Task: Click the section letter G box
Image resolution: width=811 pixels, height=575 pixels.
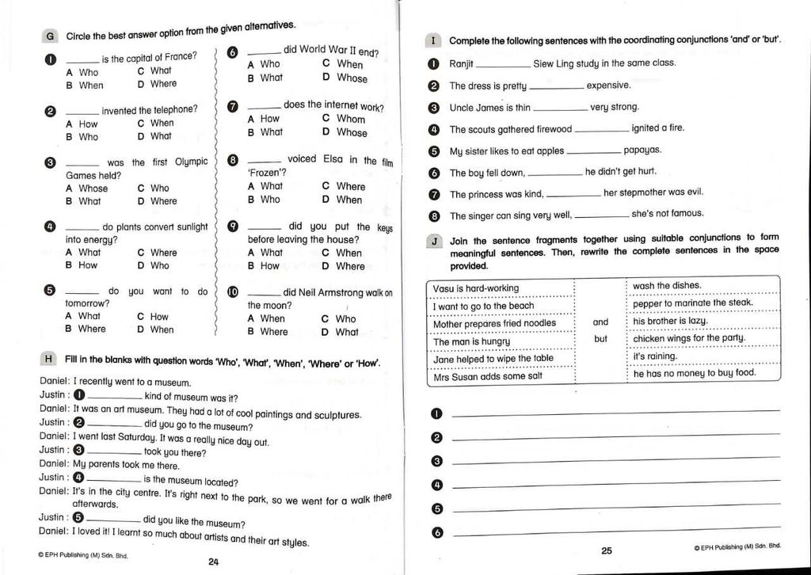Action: tap(50, 36)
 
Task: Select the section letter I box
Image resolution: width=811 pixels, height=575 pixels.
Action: tap(434, 40)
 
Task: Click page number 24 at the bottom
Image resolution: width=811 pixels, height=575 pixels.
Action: tap(213, 562)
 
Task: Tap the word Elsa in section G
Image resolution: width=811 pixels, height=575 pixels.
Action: tap(333, 159)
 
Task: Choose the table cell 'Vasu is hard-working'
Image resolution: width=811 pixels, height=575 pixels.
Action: tap(476, 288)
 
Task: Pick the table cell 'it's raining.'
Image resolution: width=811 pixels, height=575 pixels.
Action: tap(656, 356)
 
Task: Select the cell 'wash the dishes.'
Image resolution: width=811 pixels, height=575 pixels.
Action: tap(667, 286)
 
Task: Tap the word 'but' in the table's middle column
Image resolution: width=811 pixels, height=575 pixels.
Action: tap(601, 339)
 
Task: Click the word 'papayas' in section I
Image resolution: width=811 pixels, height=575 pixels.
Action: tap(642, 150)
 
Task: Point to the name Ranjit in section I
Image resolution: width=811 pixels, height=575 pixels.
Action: tap(461, 64)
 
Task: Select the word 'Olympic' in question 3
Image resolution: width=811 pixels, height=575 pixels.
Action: tap(191, 162)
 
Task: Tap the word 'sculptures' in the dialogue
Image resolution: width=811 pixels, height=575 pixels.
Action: tap(336, 414)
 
